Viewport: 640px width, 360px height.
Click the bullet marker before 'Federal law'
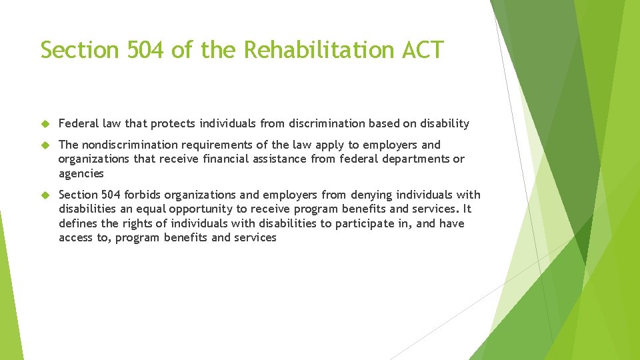click(x=45, y=124)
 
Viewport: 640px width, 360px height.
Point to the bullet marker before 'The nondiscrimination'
click(x=45, y=145)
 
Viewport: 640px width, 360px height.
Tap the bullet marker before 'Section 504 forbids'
click(x=45, y=195)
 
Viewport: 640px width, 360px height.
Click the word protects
click(x=173, y=124)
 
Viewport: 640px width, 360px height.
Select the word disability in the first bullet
click(x=445, y=124)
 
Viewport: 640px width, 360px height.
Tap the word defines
click(x=78, y=223)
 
